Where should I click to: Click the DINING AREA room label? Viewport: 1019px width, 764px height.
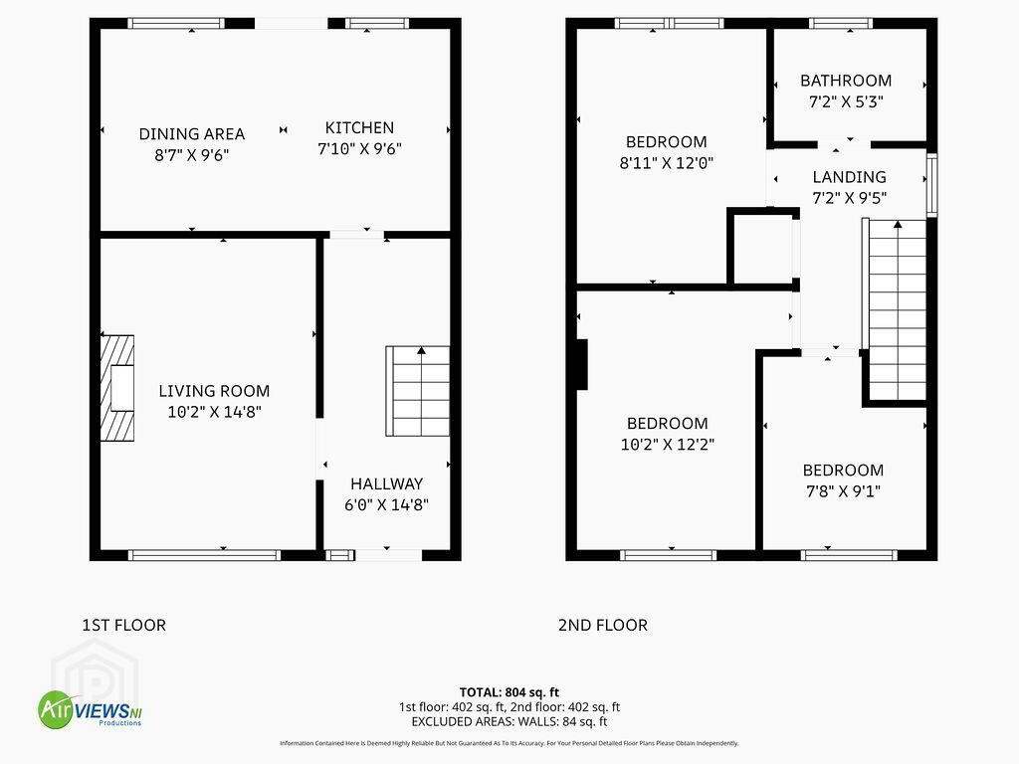click(192, 134)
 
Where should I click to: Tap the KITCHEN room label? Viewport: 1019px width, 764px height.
click(359, 127)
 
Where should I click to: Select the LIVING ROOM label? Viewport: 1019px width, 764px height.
click(214, 391)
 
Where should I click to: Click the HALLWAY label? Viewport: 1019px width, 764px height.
click(387, 484)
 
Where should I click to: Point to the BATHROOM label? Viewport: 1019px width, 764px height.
click(846, 81)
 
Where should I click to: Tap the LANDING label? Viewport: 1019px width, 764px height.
click(850, 177)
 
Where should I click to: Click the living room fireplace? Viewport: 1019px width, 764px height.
click(117, 388)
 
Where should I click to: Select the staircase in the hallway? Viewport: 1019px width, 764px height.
click(417, 390)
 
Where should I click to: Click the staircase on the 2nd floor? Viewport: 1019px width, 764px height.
click(895, 310)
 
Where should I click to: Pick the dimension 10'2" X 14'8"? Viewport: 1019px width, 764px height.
click(214, 412)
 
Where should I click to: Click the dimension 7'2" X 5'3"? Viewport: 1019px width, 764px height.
click(846, 101)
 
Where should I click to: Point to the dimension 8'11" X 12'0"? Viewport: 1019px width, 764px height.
click(666, 162)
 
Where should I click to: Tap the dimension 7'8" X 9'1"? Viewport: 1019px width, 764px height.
click(843, 491)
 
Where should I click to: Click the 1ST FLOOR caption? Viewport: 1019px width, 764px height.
click(124, 625)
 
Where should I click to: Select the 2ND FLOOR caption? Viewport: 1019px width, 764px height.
click(602, 625)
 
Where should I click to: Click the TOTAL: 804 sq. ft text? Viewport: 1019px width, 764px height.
click(509, 692)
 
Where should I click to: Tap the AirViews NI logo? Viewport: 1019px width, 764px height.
click(90, 709)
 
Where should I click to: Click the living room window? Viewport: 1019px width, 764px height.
click(204, 555)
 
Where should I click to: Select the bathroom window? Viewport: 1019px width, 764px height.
click(841, 24)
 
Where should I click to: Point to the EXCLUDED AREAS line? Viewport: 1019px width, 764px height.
click(509, 721)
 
